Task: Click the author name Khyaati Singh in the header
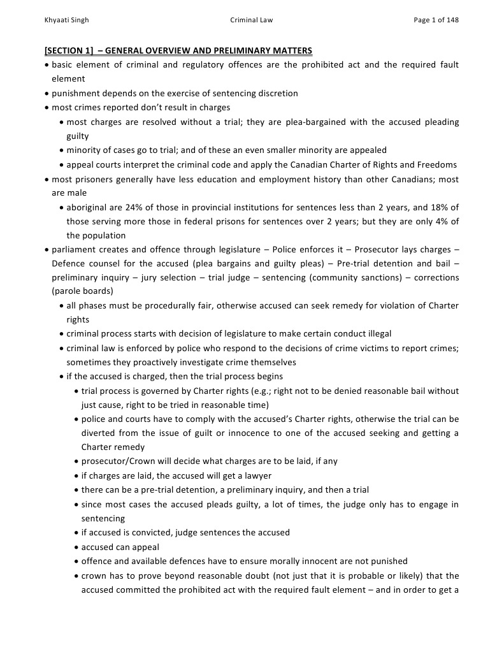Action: pyautogui.click(x=67, y=20)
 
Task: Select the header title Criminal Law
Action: pyautogui.click(x=251, y=20)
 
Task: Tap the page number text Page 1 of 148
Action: pyautogui.click(x=436, y=20)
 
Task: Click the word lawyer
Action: pyautogui.click(x=259, y=475)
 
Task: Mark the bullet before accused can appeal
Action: pyautogui.click(x=76, y=547)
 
